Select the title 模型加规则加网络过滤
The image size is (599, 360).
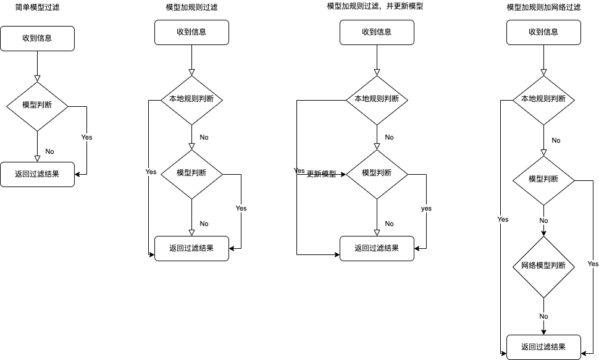(543, 7)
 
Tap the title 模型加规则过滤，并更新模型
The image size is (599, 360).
(375, 6)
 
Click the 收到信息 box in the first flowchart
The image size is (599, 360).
(37, 38)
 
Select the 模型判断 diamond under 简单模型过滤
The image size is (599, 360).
(37, 106)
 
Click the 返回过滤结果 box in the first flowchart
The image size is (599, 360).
(37, 174)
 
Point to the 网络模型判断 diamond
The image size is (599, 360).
(543, 266)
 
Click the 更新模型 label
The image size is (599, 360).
(321, 174)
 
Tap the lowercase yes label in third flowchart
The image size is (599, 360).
(426, 209)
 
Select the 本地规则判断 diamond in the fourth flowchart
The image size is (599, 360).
(543, 99)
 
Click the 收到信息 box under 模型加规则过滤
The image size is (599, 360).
(191, 32)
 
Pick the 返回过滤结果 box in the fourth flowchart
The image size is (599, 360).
(543, 347)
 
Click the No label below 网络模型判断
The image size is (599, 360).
(543, 316)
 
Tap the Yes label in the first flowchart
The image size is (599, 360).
(86, 137)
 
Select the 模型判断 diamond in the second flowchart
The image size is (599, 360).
(191, 174)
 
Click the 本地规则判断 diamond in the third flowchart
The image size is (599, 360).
(377, 99)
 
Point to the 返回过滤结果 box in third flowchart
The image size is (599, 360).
(377, 248)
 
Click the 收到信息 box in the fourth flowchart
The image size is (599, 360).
(543, 32)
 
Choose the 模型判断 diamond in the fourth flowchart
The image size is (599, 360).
(543, 180)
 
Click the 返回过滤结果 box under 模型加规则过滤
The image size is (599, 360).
(191, 248)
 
